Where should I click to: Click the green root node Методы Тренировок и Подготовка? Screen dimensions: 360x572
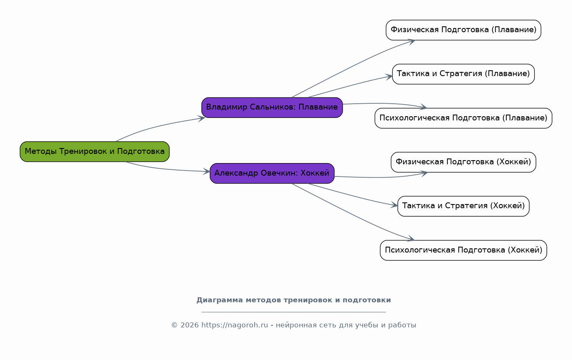94,151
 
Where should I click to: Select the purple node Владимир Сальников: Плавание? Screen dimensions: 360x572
272,107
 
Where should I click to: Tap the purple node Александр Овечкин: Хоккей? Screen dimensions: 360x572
272,173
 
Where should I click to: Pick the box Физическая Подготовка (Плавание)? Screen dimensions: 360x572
463,30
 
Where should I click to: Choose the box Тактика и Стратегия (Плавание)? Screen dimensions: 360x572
463,74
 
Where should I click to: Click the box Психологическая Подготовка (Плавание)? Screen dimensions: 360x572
463,118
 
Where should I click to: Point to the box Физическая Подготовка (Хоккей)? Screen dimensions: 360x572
463,162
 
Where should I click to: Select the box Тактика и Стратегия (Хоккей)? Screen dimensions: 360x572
463,206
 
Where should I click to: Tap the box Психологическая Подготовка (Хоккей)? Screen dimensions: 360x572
463,250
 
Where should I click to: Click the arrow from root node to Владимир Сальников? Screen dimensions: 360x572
159,126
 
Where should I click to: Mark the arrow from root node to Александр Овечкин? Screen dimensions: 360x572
167,169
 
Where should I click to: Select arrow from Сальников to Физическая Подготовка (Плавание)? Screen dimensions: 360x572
355,65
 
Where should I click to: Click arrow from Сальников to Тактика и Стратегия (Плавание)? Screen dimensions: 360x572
351,86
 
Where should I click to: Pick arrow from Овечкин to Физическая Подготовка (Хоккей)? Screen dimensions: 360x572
380,178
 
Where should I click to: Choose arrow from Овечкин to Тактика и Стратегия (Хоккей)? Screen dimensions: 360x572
353,196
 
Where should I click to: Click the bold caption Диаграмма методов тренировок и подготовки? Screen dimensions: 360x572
293,300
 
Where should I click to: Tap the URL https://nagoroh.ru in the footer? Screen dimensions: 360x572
234,325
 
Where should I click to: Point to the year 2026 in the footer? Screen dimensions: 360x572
190,325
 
